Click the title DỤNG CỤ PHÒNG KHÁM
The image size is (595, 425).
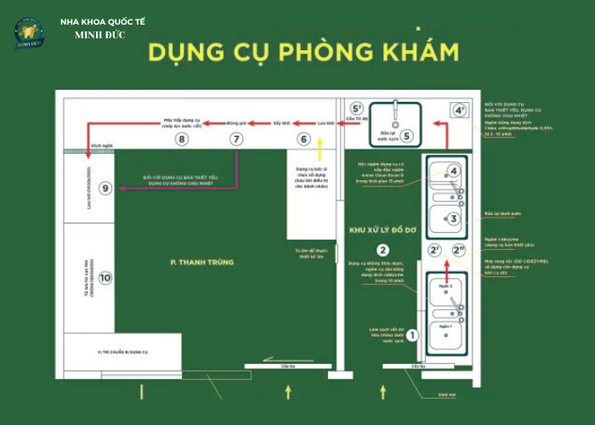point(303,52)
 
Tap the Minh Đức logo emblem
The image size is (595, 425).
point(29,32)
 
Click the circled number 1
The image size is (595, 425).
point(412,336)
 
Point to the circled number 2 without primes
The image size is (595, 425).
point(383,250)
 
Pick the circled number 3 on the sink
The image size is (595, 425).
point(454,218)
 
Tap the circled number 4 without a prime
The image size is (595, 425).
point(454,172)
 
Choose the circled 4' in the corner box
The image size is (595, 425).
point(459,110)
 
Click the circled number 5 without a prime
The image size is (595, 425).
point(406,136)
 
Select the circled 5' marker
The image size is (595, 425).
point(358,109)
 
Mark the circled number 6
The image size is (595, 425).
point(303,139)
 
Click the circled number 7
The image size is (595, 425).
point(236,139)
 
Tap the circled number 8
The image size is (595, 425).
point(181,139)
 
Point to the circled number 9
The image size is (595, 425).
point(105,188)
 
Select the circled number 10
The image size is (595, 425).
point(105,277)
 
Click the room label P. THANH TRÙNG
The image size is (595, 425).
point(201,263)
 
